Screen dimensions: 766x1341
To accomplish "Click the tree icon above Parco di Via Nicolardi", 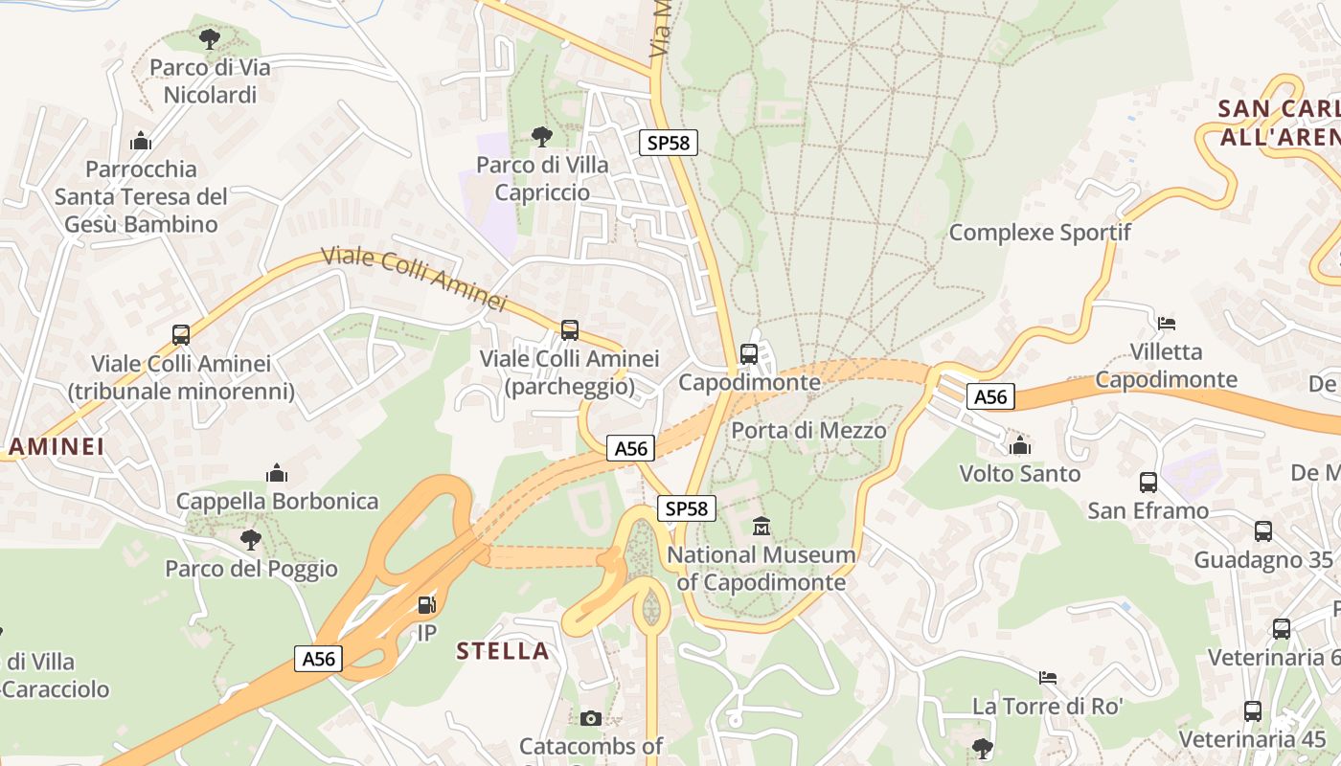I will pyautogui.click(x=210, y=39).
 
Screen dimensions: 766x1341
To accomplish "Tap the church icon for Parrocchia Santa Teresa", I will pyautogui.click(x=141, y=141).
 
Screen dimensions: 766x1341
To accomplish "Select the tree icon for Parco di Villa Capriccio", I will pyautogui.click(x=542, y=136).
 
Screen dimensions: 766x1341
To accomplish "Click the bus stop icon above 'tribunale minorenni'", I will pyautogui.click(x=181, y=335).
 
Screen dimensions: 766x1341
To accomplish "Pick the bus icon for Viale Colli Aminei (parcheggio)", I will pyautogui.click(x=570, y=330).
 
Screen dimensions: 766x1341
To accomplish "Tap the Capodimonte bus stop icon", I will pyautogui.click(x=749, y=353).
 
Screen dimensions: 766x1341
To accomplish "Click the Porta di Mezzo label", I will pyautogui.click(x=808, y=431).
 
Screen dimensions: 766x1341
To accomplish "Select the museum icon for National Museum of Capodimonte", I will pyautogui.click(x=761, y=526).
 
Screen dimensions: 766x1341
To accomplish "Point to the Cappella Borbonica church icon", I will pyautogui.click(x=277, y=473).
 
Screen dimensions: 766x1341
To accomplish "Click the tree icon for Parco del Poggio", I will pyautogui.click(x=251, y=540).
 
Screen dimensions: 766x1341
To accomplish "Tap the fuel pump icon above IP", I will pyautogui.click(x=427, y=605).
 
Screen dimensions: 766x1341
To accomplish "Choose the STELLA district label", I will pyautogui.click(x=503, y=651).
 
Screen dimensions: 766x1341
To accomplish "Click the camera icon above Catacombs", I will pyautogui.click(x=591, y=718).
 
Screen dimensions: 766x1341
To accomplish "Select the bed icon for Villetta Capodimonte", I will pyautogui.click(x=1167, y=323).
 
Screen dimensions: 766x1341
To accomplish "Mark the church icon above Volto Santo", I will pyautogui.click(x=1020, y=445).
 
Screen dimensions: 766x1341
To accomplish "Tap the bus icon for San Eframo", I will pyautogui.click(x=1148, y=483).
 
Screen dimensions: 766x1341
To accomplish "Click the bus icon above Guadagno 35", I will pyautogui.click(x=1263, y=531).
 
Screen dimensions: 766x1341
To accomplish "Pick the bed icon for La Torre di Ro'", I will pyautogui.click(x=1048, y=678).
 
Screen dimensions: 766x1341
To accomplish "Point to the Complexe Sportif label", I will pyautogui.click(x=1039, y=233).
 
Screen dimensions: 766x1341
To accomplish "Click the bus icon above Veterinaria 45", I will pyautogui.click(x=1252, y=711).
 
